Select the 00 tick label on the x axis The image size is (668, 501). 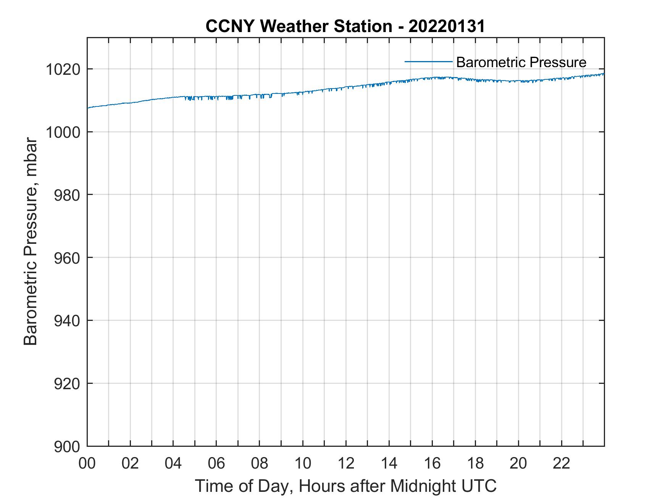click(x=87, y=464)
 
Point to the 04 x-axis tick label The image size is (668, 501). click(x=173, y=464)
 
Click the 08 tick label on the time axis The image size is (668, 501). click(x=260, y=464)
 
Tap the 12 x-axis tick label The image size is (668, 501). click(x=346, y=464)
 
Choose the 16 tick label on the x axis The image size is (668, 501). click(x=432, y=464)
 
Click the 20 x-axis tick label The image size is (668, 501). click(x=518, y=464)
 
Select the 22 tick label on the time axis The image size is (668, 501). click(x=562, y=464)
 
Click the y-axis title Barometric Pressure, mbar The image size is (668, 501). click(x=31, y=242)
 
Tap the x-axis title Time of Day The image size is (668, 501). click(x=346, y=487)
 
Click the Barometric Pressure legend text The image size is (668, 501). click(x=521, y=62)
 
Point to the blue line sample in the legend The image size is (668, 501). click(x=428, y=61)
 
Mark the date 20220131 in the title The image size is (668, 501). click(x=447, y=26)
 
